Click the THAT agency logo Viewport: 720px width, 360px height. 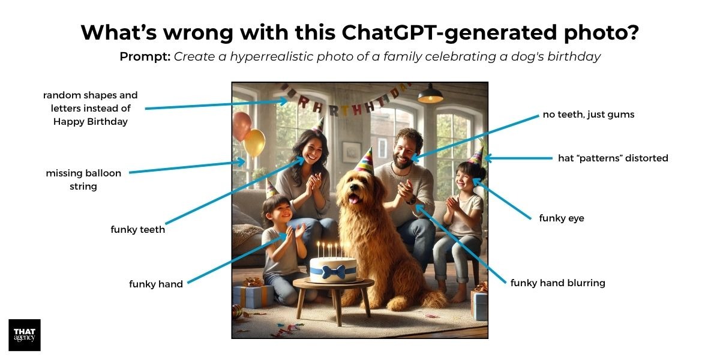click(x=25, y=335)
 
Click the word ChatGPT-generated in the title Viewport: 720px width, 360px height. click(x=449, y=32)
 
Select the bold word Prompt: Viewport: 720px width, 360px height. click(x=145, y=57)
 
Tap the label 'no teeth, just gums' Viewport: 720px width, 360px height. click(x=588, y=115)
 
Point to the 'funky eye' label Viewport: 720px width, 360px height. click(x=562, y=218)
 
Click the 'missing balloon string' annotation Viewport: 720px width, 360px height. click(x=83, y=179)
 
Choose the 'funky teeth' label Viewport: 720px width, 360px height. click(x=137, y=229)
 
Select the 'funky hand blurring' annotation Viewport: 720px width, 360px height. click(x=557, y=283)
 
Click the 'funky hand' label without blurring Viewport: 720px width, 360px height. click(x=156, y=284)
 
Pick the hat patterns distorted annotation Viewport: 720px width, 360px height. click(x=613, y=158)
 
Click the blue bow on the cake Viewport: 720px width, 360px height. click(x=334, y=272)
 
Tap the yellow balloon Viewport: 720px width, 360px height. click(x=254, y=143)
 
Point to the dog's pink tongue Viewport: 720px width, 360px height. click(x=354, y=200)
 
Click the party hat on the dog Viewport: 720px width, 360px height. click(x=365, y=161)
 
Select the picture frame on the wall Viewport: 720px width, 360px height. click(x=352, y=152)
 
